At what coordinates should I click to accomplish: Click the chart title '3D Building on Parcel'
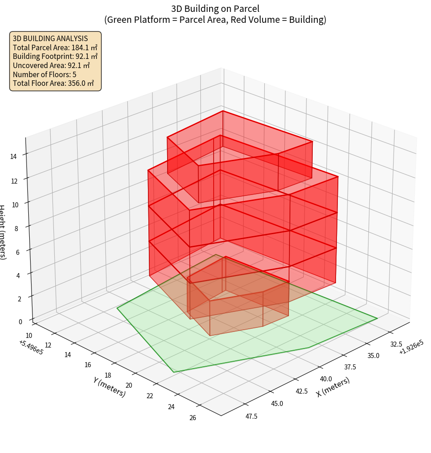[215, 8]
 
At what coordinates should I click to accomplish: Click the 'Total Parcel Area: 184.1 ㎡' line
[55, 47]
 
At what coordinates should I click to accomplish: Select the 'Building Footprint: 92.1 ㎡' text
[55, 56]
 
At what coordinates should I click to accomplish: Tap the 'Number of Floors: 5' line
[44, 74]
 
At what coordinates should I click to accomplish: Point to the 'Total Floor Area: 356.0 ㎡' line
[53, 83]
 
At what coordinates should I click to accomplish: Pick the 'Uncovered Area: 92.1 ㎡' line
[50, 65]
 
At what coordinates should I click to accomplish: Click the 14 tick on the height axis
[13, 156]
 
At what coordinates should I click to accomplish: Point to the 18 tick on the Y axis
[108, 375]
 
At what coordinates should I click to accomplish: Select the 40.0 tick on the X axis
[326, 379]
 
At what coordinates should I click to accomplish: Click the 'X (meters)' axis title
[333, 387]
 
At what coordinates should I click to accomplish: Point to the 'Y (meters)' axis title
[109, 387]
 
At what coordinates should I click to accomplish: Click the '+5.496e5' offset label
[31, 347]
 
